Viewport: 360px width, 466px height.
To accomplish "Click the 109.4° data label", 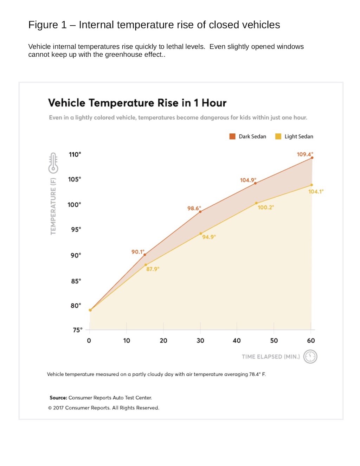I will (x=304, y=154).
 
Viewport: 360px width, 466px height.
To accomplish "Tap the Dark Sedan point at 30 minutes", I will (x=200, y=212).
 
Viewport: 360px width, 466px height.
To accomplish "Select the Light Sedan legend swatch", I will (x=278, y=136).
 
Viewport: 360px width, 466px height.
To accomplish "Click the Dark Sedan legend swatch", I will (x=232, y=136).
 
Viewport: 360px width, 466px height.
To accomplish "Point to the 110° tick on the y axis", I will (x=75, y=154).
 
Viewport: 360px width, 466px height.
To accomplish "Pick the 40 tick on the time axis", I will (x=237, y=340).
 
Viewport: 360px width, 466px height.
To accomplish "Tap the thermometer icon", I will (x=53, y=163).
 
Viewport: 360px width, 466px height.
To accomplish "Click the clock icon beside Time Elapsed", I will (x=310, y=357).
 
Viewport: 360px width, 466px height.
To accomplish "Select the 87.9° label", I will (x=153, y=269).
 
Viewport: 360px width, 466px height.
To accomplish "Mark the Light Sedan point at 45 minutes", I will (x=256, y=203).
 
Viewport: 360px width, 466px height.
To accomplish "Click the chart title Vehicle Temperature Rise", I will (x=137, y=103).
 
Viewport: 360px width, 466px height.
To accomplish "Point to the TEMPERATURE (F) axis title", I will (x=53, y=206).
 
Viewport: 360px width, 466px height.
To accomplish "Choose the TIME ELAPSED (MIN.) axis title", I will (x=271, y=357).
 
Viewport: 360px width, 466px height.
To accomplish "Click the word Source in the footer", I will (x=58, y=398).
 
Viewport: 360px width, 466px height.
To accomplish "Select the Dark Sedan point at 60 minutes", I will (x=312, y=158).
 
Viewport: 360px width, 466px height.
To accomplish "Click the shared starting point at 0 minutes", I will (x=90, y=310).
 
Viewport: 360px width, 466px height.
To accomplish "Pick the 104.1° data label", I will (x=316, y=192).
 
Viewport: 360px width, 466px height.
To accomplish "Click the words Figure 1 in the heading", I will (x=47, y=25).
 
